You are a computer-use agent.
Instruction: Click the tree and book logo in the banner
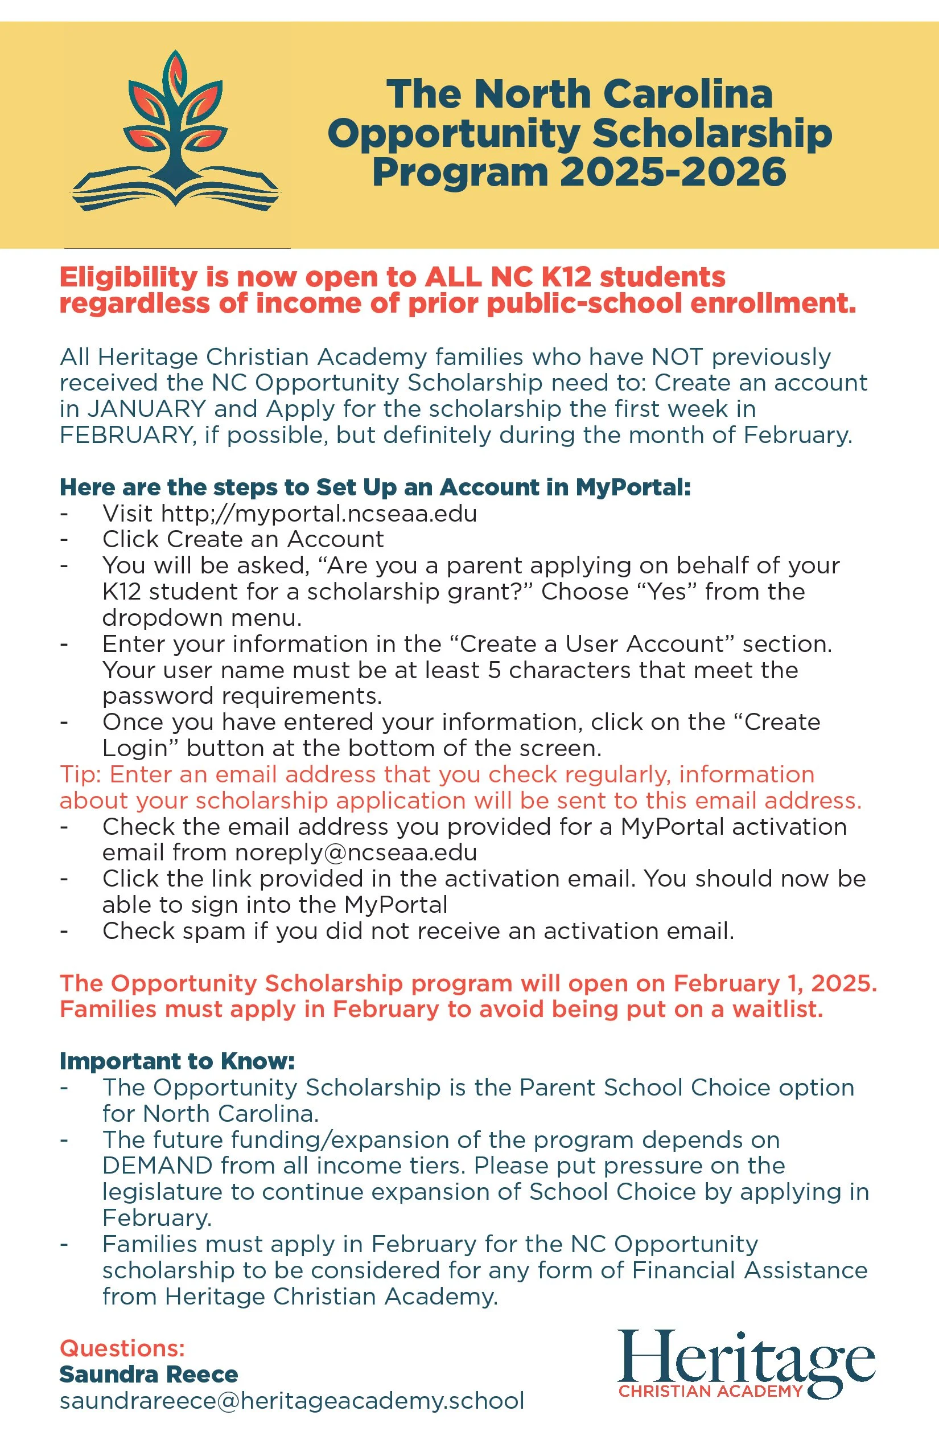tap(176, 131)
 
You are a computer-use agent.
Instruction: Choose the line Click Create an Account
tap(242, 539)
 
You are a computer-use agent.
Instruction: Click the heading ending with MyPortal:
tap(375, 487)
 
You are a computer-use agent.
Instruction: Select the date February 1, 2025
tap(775, 983)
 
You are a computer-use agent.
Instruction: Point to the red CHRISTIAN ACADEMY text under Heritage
tap(710, 1391)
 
